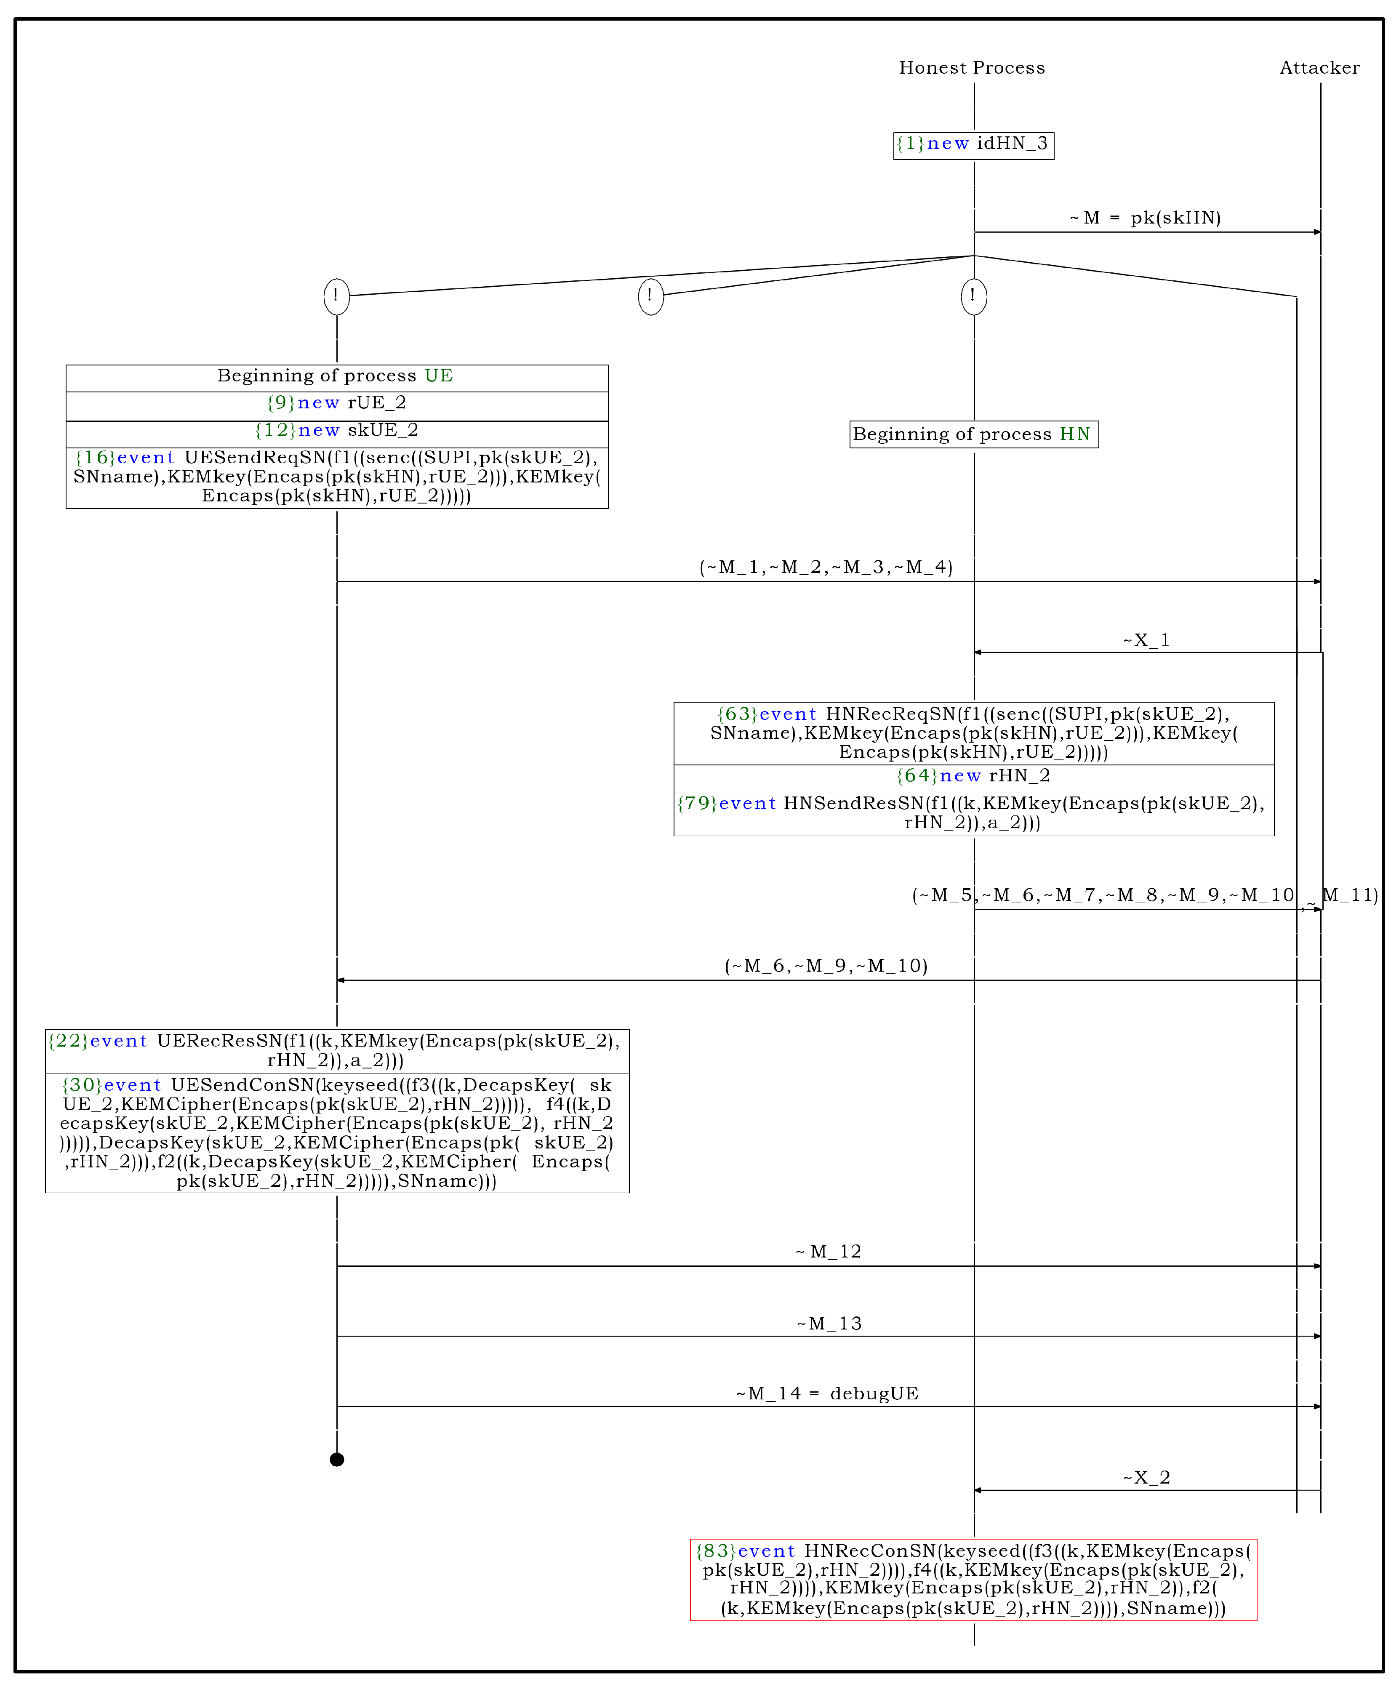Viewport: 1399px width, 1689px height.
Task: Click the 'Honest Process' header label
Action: tap(972, 67)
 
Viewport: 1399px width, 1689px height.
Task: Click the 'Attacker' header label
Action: tap(1319, 67)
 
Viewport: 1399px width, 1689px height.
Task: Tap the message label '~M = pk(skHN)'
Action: tap(1146, 218)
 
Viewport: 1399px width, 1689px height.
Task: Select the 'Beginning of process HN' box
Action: tap(973, 434)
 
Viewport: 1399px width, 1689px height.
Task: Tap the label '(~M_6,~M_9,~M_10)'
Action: tap(826, 966)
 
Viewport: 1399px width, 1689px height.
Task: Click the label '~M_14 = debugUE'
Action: tap(827, 1394)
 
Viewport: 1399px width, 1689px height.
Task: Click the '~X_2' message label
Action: tap(1146, 1478)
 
